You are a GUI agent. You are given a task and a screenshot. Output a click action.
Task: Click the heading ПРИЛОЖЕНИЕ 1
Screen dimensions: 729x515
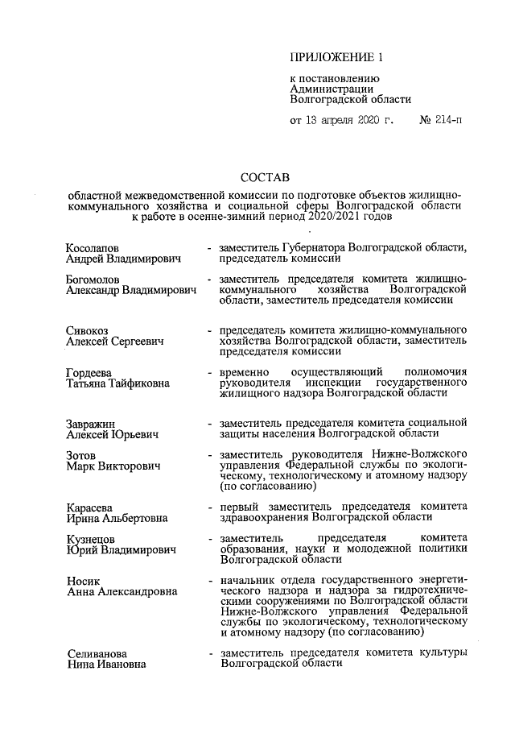[x=332, y=57]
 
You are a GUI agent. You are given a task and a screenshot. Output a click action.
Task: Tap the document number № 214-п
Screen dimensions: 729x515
[x=441, y=121]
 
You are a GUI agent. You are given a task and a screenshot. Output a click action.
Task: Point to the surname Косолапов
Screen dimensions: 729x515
[x=95, y=246]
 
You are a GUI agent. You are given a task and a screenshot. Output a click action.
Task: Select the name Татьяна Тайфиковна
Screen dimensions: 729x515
[x=117, y=383]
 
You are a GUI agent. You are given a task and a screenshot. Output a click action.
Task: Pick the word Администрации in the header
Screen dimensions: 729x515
[x=331, y=89]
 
